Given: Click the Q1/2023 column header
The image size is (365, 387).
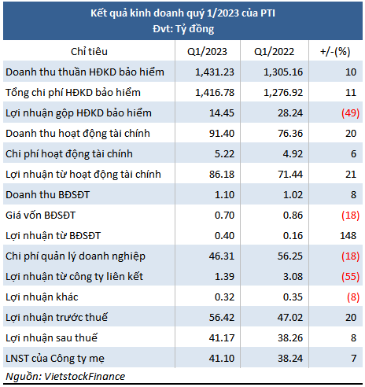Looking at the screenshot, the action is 207,52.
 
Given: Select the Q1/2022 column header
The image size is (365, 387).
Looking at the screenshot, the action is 274,52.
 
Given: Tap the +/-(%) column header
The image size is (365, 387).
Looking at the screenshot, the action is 335,52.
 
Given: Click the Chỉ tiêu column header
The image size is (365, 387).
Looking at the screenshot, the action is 89,52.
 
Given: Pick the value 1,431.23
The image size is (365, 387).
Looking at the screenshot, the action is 215,72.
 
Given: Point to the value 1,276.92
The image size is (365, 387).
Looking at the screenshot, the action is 283,93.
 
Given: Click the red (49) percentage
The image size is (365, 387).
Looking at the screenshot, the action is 350,113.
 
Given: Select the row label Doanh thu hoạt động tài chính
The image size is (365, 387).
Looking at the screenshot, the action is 78,134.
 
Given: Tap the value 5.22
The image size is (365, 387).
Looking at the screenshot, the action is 224,154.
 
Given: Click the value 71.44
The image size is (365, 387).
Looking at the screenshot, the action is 290,175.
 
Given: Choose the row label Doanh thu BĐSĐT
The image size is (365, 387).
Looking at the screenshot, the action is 47,195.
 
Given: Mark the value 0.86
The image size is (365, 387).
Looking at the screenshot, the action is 293,216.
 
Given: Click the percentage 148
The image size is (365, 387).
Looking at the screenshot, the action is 348,236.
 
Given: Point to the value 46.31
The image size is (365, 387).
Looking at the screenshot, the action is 222,256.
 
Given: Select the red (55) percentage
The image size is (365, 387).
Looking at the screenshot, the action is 350,277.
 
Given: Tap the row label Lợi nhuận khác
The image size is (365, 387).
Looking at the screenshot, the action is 42,297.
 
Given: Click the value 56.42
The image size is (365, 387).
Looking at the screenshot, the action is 222,318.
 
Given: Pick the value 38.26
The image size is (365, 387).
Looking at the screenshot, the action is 290,338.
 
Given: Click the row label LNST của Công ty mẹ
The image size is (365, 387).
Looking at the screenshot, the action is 55,359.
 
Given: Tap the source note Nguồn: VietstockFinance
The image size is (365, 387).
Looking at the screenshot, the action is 65,377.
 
